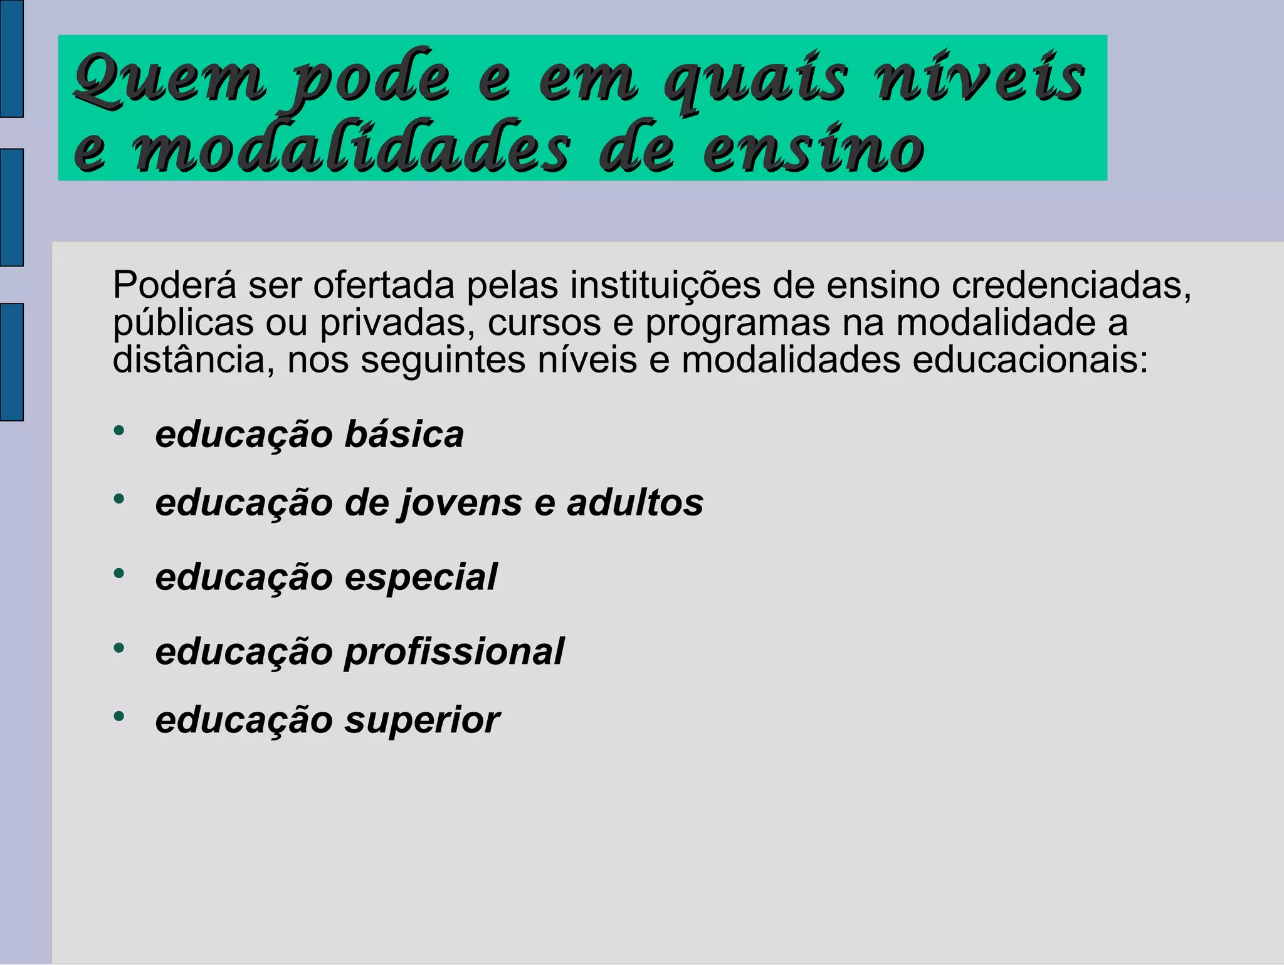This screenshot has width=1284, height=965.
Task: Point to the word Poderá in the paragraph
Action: coord(175,285)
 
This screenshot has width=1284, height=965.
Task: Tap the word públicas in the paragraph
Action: coord(184,324)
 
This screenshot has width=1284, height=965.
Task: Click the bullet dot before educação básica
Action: coord(119,431)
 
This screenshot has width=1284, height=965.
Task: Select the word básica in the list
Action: coord(404,435)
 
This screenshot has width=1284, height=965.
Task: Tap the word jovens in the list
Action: coord(460,504)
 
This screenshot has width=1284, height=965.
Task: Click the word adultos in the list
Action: coord(635,503)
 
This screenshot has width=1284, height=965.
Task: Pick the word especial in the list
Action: coord(421,577)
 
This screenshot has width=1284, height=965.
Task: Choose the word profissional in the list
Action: coord(455,652)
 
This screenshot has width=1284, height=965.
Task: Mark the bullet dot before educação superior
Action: coord(119,715)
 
